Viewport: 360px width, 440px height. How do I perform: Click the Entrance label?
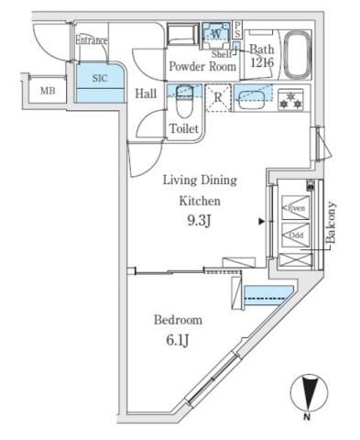(91, 40)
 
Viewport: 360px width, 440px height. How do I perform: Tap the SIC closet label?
(99, 79)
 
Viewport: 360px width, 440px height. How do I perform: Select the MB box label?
(46, 90)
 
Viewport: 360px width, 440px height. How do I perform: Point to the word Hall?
(146, 93)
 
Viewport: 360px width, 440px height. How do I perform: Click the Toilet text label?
(184, 130)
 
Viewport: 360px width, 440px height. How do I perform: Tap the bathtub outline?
(298, 54)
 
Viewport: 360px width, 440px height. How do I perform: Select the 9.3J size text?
(200, 220)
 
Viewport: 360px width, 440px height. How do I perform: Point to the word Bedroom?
(176, 320)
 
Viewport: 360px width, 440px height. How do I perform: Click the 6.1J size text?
(178, 341)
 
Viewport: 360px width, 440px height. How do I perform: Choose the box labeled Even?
(296, 208)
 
